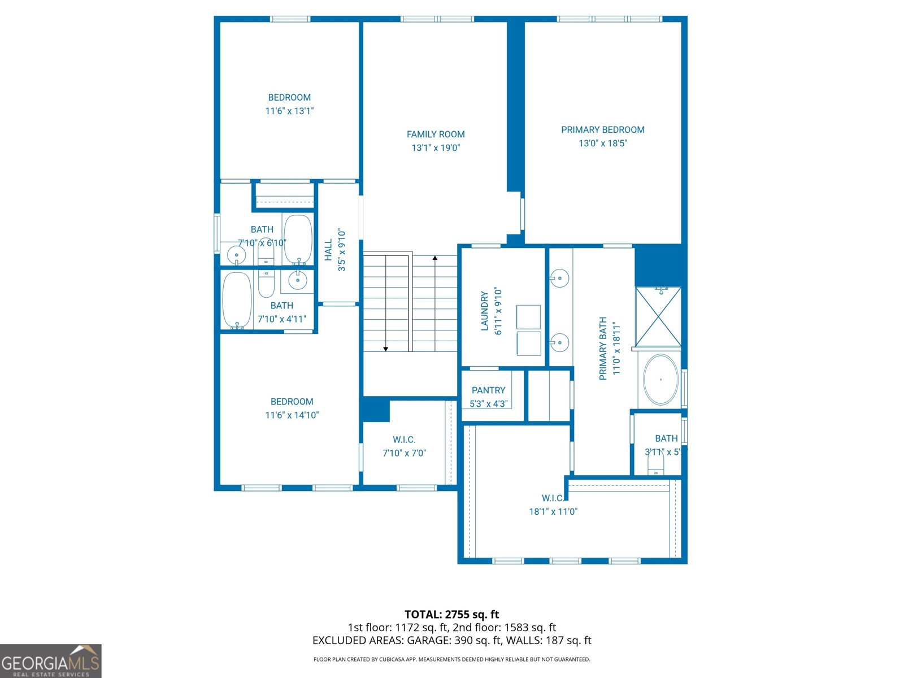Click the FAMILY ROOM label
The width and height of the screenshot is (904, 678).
(436, 134)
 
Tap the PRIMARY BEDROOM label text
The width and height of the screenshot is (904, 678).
(602, 129)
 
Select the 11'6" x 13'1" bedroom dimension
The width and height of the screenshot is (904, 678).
(289, 111)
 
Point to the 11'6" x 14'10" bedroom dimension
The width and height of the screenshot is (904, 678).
(292, 415)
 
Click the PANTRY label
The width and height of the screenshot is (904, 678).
(488, 390)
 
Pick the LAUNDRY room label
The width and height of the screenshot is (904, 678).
(484, 311)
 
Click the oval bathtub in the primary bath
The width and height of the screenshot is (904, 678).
(660, 380)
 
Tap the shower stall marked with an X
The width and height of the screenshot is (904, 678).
(658, 317)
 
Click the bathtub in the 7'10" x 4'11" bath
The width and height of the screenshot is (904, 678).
(237, 300)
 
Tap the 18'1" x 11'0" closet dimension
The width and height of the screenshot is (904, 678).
(553, 512)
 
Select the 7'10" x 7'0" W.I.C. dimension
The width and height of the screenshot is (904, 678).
(404, 453)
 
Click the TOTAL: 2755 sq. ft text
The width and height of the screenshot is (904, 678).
(451, 614)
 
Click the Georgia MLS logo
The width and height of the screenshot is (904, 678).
(50, 661)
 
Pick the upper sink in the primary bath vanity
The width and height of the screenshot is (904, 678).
(559, 277)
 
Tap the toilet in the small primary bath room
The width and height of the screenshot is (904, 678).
(655, 466)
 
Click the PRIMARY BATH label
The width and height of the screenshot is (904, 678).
(603, 348)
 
